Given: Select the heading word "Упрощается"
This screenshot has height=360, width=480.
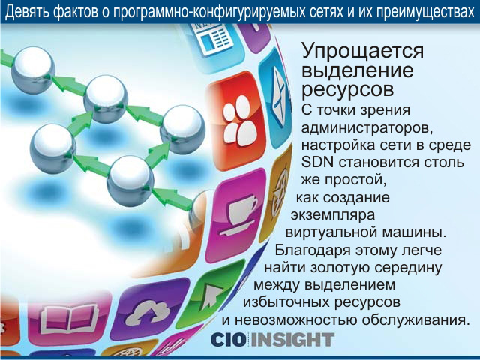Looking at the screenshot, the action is coord(363,52).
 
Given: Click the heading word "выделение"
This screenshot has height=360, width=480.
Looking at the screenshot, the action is coord(358,70).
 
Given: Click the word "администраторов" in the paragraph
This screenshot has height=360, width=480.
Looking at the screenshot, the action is coord(366,128).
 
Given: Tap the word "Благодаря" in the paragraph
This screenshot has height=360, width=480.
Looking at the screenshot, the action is coord(312,250).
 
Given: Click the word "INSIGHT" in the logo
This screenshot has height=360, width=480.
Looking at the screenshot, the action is coord(292,340).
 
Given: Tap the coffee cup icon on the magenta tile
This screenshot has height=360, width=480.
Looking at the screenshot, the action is coord(239,215).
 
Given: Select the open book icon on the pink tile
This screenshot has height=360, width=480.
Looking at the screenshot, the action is coord(70,317).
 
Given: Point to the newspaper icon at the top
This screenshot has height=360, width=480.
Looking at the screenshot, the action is coord(212,37).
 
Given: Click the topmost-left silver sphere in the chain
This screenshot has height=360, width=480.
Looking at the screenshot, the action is coord(33,70).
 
